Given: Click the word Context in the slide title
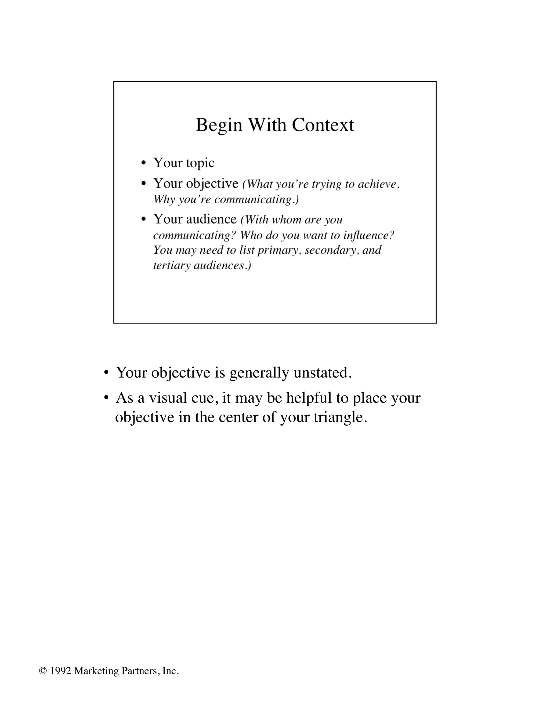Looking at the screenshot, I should point(323,125).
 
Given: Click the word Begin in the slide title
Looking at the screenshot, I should point(219,125).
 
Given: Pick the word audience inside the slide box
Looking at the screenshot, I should point(211,219).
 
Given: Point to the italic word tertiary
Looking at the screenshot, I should point(171,265).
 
